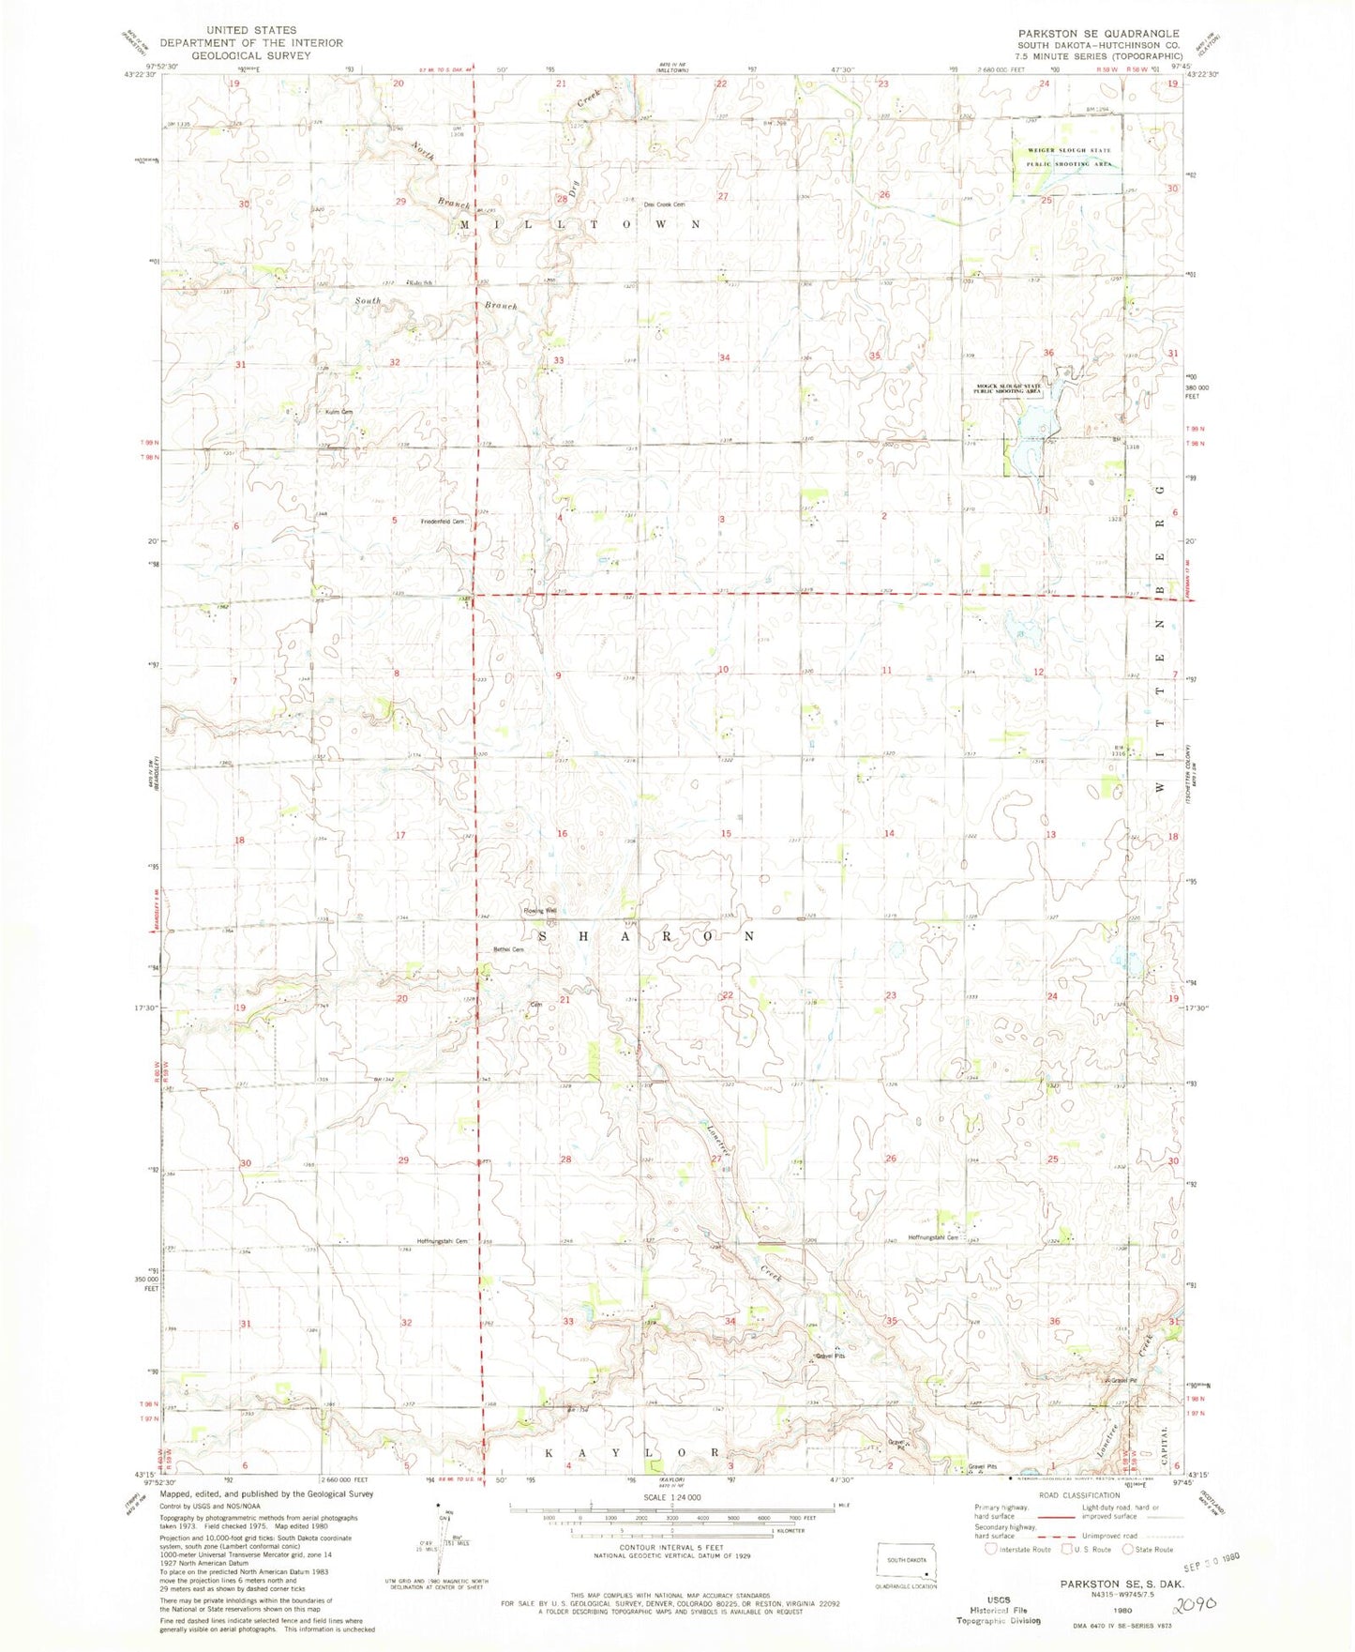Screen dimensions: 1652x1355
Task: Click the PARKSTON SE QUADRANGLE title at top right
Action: point(1099,33)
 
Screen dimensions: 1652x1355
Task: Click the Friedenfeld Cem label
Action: point(443,522)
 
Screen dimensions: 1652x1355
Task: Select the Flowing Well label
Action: point(540,911)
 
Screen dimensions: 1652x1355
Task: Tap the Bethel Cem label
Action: point(509,949)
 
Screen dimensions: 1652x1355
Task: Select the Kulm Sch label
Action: point(418,282)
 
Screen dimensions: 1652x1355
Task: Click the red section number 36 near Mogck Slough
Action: point(1048,353)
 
